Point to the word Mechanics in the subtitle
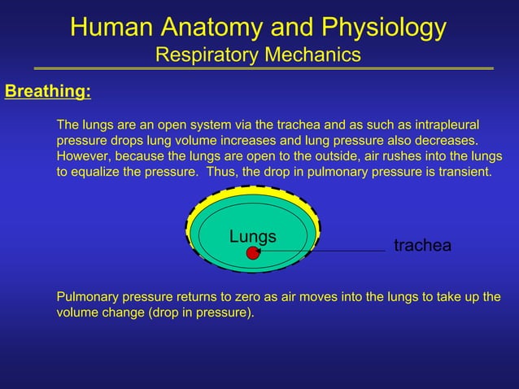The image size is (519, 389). coord(313,55)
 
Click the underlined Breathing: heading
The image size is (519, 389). coord(48,91)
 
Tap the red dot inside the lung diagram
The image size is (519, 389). coord(253,253)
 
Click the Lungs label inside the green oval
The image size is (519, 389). coord(252,237)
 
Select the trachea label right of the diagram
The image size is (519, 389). coord(422,246)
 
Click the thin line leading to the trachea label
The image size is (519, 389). coord(325,252)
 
